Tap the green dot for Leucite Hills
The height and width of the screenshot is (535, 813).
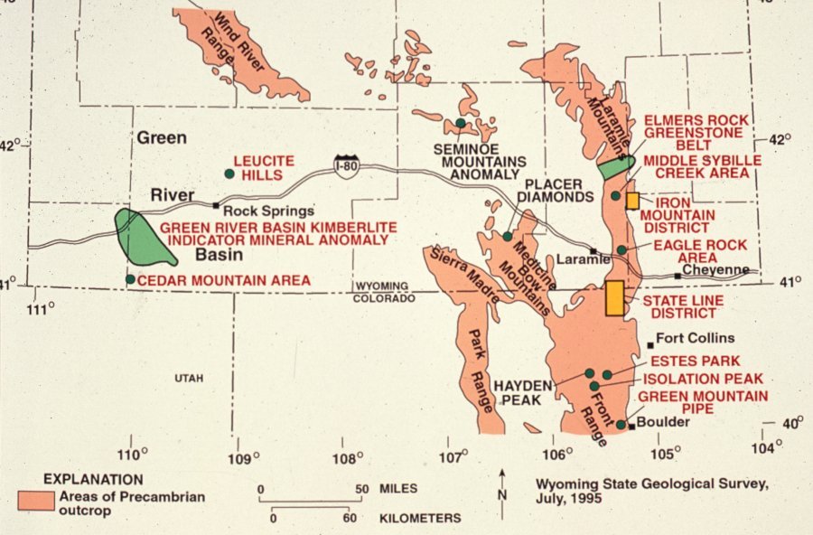[230, 174]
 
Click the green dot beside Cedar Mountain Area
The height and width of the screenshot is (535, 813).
[131, 280]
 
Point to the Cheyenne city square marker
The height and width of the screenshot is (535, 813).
[677, 276]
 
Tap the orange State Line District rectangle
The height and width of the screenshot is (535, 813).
[615, 297]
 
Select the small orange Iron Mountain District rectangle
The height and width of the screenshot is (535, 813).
[632, 201]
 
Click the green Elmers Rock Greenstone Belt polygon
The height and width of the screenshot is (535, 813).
[613, 167]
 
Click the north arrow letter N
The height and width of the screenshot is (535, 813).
[502, 493]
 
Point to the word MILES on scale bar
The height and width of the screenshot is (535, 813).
[398, 489]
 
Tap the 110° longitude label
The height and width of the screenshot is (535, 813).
[133, 454]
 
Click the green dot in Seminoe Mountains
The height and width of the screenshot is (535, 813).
[461, 123]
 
